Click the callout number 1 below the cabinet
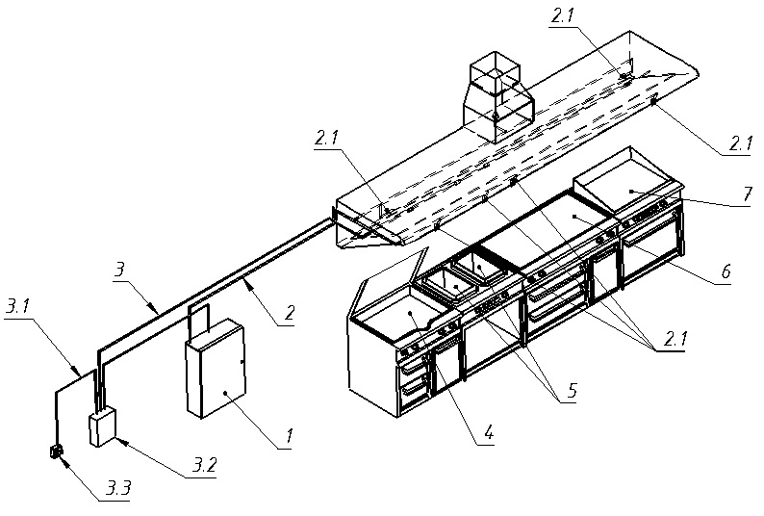coord(290,434)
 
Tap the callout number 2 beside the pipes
coord(290,313)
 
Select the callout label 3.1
coord(17,307)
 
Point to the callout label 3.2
coord(204,466)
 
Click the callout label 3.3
coord(118,488)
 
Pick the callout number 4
coord(489,432)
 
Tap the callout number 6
coord(726,271)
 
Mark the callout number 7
coord(747,194)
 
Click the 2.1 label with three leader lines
coord(673,339)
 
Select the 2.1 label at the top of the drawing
coord(562,16)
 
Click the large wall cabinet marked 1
coord(216,369)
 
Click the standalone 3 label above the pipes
coord(119,271)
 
